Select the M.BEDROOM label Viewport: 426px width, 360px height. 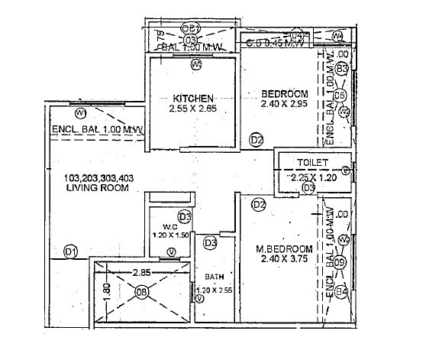click(283, 249)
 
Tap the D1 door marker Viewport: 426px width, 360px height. click(70, 251)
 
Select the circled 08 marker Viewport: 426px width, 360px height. click(142, 291)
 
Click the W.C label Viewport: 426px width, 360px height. click(169, 226)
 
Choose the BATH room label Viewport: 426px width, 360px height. click(213, 278)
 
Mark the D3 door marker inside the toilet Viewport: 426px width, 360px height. click(309, 187)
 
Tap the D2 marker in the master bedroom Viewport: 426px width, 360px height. click(259, 204)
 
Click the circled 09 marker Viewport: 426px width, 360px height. click(340, 263)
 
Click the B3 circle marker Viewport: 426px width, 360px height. click(342, 69)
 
